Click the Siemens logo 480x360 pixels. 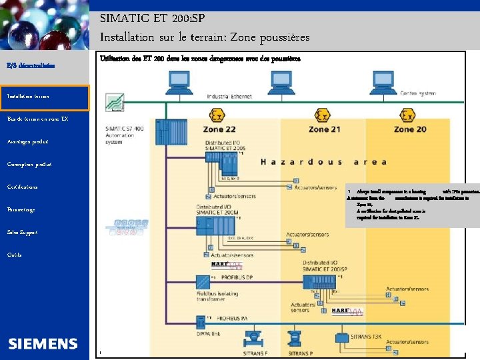(43, 343)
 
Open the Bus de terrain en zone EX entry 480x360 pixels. (37, 119)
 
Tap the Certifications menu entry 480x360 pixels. (22, 187)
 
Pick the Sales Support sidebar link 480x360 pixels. (22, 233)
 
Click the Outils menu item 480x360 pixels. (14, 255)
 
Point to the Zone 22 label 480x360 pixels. (219, 129)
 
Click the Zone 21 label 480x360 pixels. (324, 129)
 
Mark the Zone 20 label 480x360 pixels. (410, 129)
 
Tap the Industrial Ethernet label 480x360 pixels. (229, 97)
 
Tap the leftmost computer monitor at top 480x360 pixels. (179, 81)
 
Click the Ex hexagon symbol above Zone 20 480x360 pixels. (408, 115)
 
